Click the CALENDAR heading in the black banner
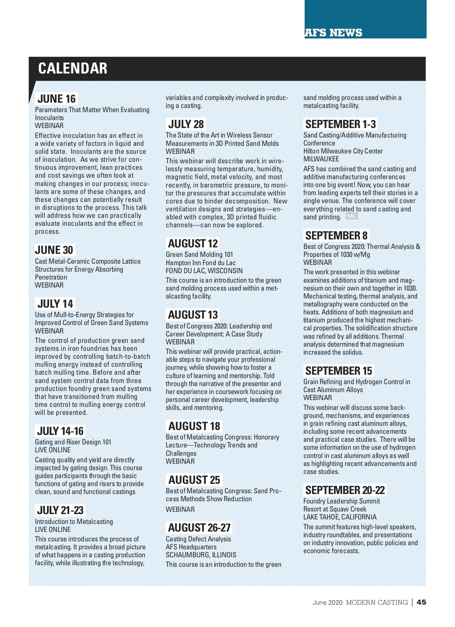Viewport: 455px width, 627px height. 72,69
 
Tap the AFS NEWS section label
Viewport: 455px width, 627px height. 333,33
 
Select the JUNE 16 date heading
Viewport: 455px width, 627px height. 56,99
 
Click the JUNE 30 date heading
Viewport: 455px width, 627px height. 54,250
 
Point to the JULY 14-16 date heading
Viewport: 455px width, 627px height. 60,431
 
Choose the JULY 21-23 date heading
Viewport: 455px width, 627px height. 60,510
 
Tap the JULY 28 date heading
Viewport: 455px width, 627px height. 186,124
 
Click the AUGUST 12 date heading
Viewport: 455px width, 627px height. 193,244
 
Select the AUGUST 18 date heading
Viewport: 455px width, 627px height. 194,426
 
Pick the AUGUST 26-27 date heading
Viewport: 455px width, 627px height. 199,528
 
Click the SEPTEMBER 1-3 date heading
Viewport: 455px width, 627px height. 340,124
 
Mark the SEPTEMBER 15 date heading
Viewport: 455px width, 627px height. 339,371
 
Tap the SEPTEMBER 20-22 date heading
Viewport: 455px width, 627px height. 345,490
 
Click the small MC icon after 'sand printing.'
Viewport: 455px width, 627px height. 352,216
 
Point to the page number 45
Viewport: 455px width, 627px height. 421,602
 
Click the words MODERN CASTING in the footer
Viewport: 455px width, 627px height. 377,602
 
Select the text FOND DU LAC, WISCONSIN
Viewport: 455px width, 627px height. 204,271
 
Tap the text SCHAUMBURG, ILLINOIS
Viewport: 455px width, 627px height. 201,555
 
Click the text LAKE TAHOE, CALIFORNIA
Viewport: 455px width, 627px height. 340,517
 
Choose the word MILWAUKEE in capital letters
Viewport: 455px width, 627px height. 321,159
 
